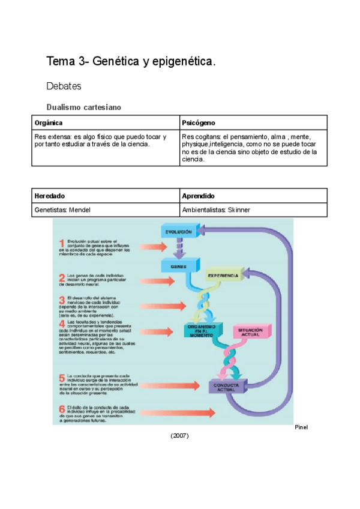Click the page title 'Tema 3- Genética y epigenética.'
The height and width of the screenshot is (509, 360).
131,61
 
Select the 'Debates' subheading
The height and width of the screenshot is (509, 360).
64,87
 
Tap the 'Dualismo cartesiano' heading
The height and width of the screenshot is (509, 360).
84,107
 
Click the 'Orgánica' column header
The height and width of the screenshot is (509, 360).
49,123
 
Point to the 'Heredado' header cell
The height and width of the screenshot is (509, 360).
50,196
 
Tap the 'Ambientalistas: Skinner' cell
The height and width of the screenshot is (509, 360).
217,210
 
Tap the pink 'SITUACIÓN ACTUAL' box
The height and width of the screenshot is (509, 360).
251,332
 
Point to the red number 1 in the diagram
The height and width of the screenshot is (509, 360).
62,243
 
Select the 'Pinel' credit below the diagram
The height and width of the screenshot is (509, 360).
301,428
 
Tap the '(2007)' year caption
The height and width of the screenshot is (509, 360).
179,436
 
